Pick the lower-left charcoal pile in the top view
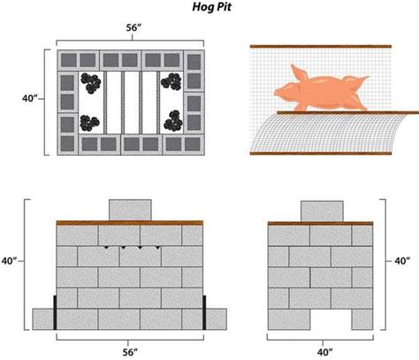coord(90,122)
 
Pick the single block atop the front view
coord(130,208)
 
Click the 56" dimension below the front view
coord(130,351)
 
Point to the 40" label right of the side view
coord(402,261)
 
